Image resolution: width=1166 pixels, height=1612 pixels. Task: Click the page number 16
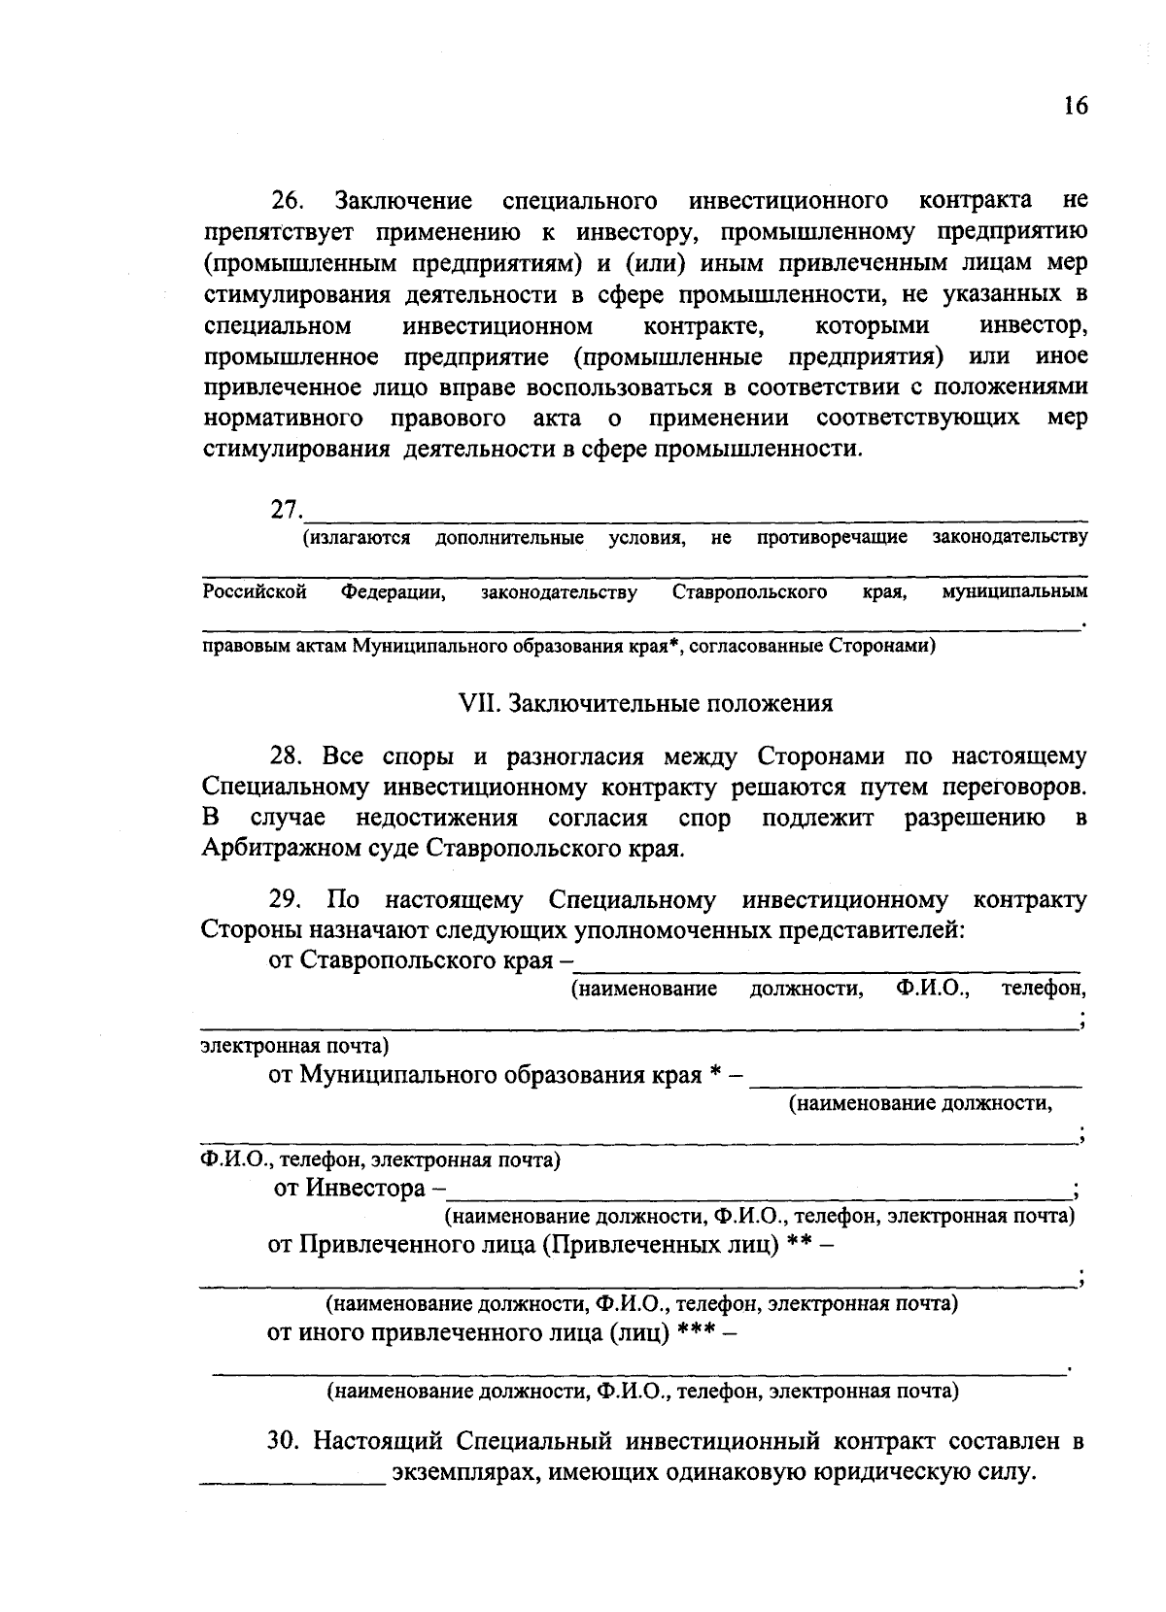[x=1075, y=106]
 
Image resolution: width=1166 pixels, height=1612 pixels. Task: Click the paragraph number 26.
[x=288, y=202]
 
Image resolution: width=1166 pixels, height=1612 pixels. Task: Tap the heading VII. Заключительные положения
[x=644, y=703]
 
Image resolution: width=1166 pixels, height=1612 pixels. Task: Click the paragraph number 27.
[x=287, y=510]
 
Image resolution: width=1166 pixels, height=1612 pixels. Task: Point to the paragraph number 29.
[x=288, y=900]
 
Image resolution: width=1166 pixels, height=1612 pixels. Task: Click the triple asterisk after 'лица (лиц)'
[x=698, y=1333]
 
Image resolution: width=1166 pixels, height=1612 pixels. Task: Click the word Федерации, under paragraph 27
[x=393, y=591]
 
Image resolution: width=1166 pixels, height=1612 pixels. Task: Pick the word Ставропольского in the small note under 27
[x=749, y=591]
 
